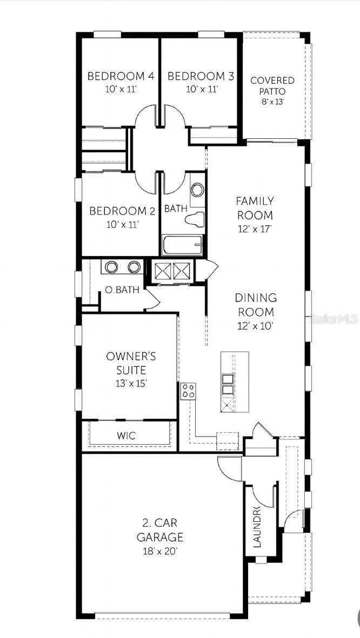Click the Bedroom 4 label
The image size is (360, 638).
(x=121, y=76)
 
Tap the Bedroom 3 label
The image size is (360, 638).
(x=201, y=76)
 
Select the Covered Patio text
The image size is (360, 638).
(x=272, y=86)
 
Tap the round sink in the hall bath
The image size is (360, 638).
(x=197, y=190)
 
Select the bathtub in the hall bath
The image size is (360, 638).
(x=182, y=245)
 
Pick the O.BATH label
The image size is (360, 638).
(x=122, y=290)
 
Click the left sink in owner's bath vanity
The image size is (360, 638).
(x=112, y=267)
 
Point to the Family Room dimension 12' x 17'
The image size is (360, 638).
(x=255, y=229)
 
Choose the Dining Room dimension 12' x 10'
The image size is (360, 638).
(x=256, y=326)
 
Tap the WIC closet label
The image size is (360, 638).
(x=126, y=435)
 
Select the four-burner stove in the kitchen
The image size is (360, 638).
(x=188, y=391)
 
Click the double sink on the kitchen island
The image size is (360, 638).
(x=228, y=384)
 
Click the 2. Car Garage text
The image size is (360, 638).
(x=159, y=530)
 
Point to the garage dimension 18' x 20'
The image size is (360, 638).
(x=159, y=552)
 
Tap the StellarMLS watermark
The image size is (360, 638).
(x=332, y=319)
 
